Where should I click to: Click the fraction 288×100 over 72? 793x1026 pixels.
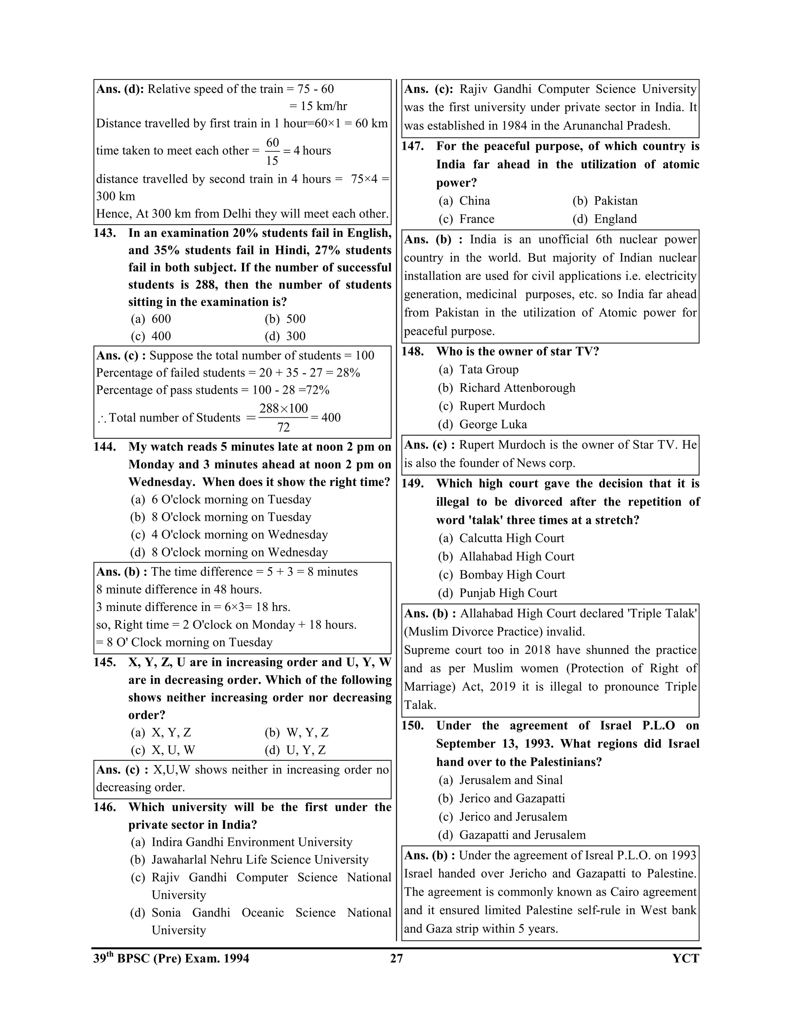click(283, 417)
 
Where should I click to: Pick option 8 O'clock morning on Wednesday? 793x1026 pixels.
click(229, 552)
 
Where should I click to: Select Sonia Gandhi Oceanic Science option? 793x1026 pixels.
click(261, 913)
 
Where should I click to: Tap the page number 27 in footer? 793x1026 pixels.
click(396, 958)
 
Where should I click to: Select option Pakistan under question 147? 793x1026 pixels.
click(605, 201)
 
